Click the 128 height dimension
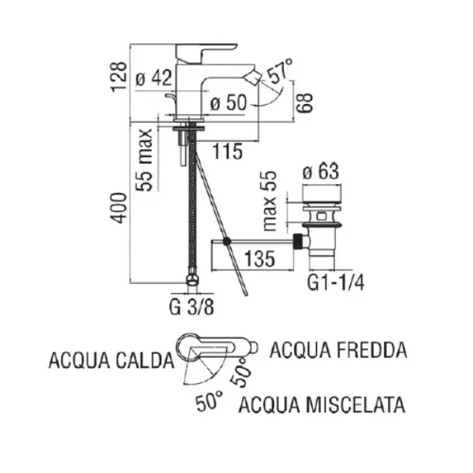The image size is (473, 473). click(118, 76)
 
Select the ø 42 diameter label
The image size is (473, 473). click(154, 78)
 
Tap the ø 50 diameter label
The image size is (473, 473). click(229, 102)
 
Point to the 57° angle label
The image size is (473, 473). click(280, 70)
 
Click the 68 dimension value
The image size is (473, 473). click(304, 102)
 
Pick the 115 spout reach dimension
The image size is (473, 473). click(228, 151)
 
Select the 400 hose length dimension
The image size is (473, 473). click(118, 208)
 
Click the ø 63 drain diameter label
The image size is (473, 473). click(321, 172)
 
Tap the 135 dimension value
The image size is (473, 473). click(259, 259)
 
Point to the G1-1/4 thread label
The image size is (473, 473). click(336, 283)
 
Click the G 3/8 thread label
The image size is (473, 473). click(192, 307)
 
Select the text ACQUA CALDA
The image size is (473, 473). click(111, 360)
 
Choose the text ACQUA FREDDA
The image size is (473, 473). click(338, 350)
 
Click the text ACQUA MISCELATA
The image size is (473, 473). click(322, 404)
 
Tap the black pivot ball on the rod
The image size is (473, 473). click(227, 241)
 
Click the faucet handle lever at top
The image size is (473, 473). click(205, 54)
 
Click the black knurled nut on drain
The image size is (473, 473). click(298, 241)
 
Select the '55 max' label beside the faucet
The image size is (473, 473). click(143, 160)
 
